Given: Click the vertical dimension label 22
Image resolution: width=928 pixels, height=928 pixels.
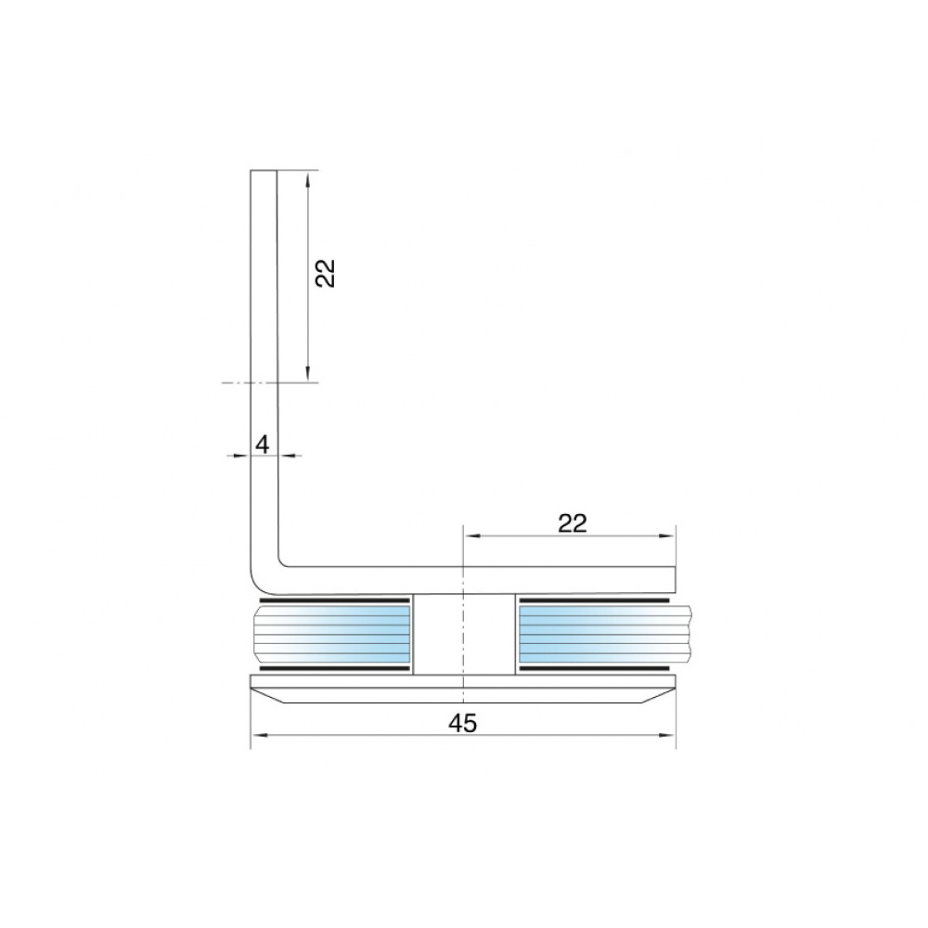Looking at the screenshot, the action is (x=325, y=274).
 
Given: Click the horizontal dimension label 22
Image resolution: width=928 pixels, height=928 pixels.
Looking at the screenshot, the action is (x=572, y=523).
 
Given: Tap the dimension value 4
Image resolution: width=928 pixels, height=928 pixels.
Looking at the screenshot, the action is (x=263, y=444).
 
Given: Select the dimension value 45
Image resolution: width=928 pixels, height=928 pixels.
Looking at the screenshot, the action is (x=463, y=723).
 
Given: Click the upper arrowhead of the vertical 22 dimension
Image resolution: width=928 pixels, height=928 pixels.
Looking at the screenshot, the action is (x=308, y=179).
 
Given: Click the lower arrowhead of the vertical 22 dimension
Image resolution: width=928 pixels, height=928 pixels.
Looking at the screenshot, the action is (x=308, y=373).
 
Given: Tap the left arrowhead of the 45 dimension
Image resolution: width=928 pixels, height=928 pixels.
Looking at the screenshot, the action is (x=259, y=736).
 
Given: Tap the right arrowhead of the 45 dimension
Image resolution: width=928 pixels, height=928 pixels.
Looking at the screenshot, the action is (x=667, y=736).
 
